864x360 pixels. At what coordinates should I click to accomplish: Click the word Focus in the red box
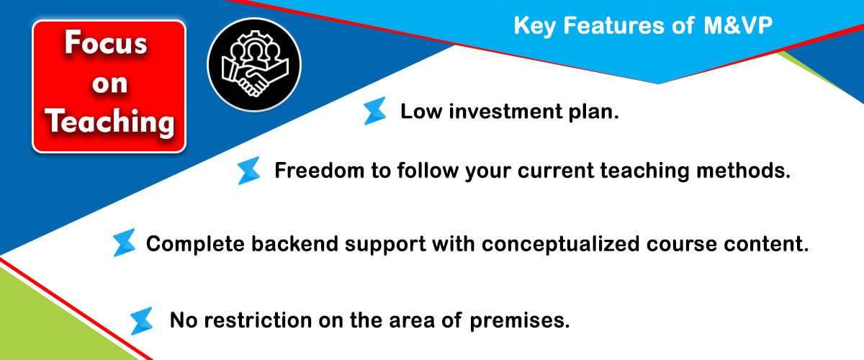click(x=106, y=42)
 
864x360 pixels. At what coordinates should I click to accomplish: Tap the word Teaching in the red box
click(x=110, y=122)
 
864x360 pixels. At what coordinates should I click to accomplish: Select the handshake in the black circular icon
click(x=255, y=78)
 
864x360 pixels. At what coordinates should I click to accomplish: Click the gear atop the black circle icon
click(x=254, y=40)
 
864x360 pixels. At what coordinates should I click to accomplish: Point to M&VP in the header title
click(x=738, y=25)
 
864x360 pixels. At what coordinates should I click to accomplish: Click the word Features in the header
click(x=614, y=25)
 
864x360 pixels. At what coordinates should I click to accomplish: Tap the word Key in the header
click(x=534, y=26)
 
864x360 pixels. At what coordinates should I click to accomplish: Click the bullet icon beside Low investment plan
click(x=374, y=111)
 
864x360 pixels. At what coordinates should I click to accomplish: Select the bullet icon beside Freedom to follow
click(x=249, y=171)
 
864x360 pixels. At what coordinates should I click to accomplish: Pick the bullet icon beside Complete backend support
click(x=124, y=243)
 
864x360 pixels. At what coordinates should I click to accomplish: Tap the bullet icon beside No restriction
click(x=142, y=321)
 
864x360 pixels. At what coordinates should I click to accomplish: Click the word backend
click(x=294, y=244)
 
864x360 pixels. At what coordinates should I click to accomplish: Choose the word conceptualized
click(x=560, y=245)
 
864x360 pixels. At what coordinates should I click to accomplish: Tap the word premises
click(x=520, y=321)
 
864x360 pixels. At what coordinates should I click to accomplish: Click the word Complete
click(x=196, y=245)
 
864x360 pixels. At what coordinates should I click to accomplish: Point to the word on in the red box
click(x=110, y=84)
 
